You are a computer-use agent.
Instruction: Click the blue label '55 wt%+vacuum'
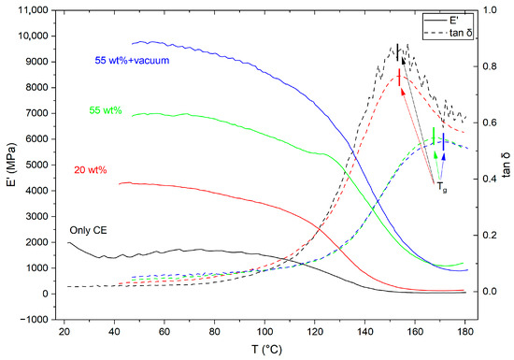click(x=132, y=61)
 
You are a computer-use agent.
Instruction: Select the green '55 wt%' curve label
click(x=106, y=110)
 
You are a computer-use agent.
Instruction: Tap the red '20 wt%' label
click(x=91, y=170)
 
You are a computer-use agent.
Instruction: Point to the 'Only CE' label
click(x=88, y=230)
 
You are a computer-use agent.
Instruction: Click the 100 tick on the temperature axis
click(x=264, y=331)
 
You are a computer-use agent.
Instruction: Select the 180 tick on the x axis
click(x=464, y=331)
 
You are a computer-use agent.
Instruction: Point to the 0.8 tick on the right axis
click(x=490, y=66)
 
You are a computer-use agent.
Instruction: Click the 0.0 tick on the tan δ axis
click(x=490, y=292)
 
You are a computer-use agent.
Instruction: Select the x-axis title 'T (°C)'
click(x=266, y=350)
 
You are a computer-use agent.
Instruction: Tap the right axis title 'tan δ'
click(x=507, y=165)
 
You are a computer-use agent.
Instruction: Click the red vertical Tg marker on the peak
click(x=399, y=78)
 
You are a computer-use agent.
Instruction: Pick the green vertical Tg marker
click(x=434, y=136)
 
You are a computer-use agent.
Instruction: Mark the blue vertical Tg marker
click(x=444, y=141)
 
